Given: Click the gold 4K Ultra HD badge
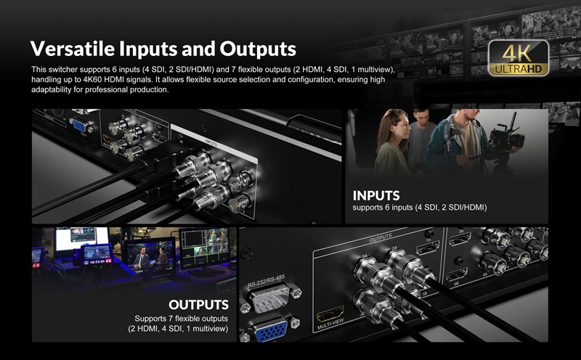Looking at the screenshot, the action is [519, 58].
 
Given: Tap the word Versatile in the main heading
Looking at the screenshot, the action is [72, 49].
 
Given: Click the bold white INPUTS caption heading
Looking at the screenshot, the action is [376, 195].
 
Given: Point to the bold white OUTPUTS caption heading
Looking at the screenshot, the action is [198, 305].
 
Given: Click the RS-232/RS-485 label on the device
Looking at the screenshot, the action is [267, 281].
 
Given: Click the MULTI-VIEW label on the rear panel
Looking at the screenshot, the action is [330, 324].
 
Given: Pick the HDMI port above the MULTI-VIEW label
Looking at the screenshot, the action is [330, 314].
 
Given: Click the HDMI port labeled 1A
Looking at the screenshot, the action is [428, 247].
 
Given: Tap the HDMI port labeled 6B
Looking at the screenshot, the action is [457, 276].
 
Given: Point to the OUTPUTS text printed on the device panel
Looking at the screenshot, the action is [380, 238].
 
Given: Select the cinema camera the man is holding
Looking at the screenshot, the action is [506, 136].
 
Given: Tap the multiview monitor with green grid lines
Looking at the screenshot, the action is [204, 247].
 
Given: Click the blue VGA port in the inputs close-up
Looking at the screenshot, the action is [80, 126].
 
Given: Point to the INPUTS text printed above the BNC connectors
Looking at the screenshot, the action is [211, 143].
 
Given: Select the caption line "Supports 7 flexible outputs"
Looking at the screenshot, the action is [181, 319].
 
